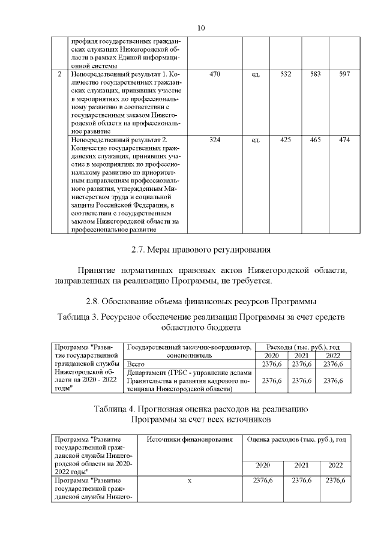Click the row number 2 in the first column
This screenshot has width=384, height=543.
(59, 74)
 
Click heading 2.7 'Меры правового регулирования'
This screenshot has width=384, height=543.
(202, 249)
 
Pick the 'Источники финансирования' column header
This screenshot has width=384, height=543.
(189, 440)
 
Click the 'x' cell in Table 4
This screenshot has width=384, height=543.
(189, 481)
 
